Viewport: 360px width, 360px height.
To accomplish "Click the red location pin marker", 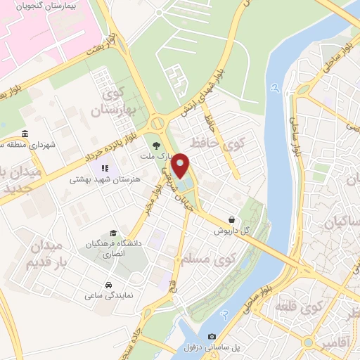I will pyautogui.click(x=181, y=165).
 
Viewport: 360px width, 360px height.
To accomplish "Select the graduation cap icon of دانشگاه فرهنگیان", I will pyautogui.click(x=113, y=233).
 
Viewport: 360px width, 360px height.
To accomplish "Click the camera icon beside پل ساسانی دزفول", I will pyautogui.click(x=212, y=337).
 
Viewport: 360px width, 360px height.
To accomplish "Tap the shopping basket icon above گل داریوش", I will pyautogui.click(x=233, y=219).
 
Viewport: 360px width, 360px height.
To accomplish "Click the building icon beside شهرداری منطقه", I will pyautogui.click(x=25, y=134).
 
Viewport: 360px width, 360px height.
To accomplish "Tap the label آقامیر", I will pyautogui.click(x=319, y=343).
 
